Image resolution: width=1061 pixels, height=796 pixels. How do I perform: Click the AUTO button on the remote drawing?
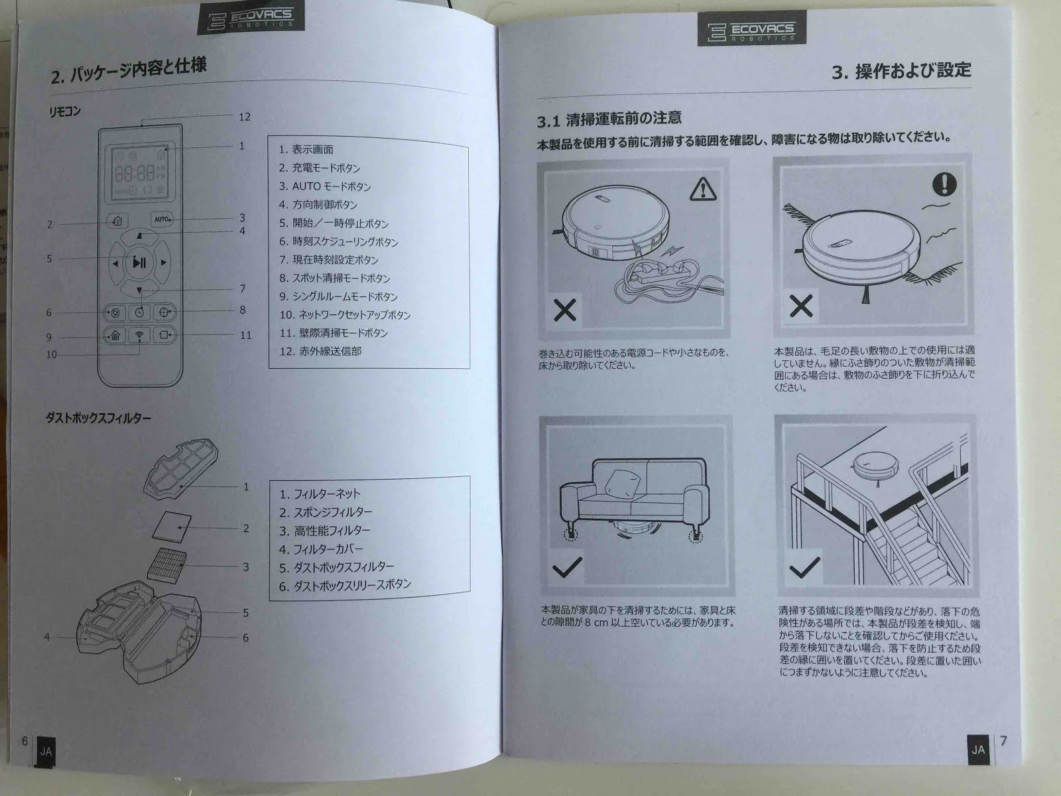click(162, 220)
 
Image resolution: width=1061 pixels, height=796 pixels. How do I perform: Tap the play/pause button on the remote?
click(139, 263)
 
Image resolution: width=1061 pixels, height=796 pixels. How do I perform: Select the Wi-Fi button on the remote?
click(139, 335)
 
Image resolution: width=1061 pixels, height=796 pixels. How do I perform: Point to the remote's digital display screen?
click(140, 172)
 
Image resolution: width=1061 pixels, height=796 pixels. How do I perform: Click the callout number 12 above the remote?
click(245, 117)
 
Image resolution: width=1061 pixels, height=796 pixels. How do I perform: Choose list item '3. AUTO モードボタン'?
click(325, 186)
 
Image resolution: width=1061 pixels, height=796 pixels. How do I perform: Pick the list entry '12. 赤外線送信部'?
click(320, 352)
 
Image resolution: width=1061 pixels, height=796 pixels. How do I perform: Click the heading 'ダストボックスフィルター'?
click(98, 418)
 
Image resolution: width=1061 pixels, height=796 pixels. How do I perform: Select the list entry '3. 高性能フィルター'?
click(325, 531)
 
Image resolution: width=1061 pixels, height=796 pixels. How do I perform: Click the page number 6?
click(25, 741)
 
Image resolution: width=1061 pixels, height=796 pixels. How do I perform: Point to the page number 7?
click(1003, 740)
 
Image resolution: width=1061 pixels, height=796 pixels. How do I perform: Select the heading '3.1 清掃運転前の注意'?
click(609, 119)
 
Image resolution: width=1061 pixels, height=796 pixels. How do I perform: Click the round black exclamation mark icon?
click(944, 184)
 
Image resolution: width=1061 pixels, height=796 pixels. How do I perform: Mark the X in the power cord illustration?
click(564, 310)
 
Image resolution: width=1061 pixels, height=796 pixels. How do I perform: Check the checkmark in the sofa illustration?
click(567, 567)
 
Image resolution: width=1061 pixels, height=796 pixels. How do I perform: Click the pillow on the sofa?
click(623, 483)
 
